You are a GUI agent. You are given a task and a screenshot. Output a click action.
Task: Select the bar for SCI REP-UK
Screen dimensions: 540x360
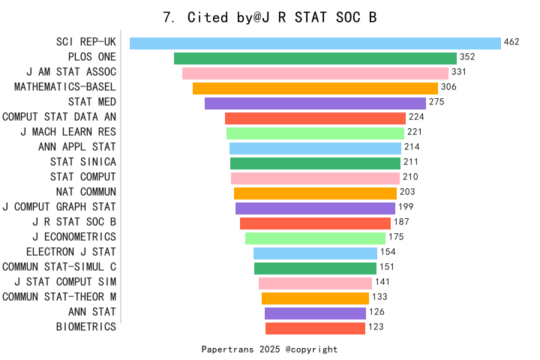[315, 43]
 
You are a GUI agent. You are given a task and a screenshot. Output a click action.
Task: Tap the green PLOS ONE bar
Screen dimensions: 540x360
[315, 58]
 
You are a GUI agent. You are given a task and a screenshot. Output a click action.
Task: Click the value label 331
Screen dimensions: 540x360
[459, 72]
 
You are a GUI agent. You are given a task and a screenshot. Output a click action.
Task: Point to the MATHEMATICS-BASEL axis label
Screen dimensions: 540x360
[65, 87]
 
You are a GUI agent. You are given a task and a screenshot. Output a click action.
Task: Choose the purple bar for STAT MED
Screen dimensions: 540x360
[315, 103]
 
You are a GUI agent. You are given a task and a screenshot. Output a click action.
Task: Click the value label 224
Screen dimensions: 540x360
[416, 117]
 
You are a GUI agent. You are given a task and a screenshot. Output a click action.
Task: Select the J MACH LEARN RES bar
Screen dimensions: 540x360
[315, 133]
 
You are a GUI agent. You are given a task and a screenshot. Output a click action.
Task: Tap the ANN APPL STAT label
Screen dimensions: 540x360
[77, 147]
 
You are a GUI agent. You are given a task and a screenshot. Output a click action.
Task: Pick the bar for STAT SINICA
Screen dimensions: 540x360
[315, 163]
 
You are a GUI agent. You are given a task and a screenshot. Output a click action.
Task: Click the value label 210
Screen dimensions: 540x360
[410, 177]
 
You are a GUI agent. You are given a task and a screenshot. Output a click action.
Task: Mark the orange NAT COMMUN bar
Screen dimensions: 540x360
[315, 193]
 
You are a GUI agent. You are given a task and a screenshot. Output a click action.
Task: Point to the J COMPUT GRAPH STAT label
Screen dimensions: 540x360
[59, 207]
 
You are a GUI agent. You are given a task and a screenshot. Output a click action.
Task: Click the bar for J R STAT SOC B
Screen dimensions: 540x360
[315, 223]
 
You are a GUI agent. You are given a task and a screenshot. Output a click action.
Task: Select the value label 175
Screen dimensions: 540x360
[396, 237]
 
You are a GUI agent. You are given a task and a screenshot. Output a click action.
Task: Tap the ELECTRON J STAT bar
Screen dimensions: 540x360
[315, 253]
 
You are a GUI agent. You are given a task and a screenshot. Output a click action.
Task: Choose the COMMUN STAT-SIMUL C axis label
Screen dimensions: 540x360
[59, 267]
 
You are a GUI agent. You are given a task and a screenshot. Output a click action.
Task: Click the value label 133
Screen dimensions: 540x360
[379, 296]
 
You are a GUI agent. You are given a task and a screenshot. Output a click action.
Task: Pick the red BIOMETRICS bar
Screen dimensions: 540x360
[315, 328]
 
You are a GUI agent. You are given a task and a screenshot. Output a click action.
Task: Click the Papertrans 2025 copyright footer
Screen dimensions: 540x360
[269, 349]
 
